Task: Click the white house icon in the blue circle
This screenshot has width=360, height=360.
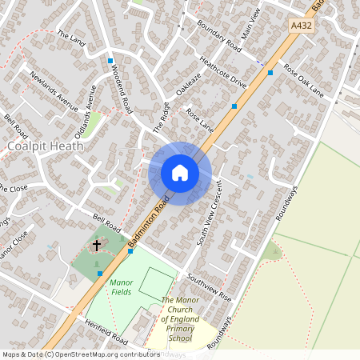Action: pos(180,173)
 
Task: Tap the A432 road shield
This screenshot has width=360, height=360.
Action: pos(300,26)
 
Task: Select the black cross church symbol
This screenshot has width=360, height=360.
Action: pos(98,244)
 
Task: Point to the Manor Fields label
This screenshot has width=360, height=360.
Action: pos(121,287)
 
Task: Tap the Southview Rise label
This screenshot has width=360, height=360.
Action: pos(209,286)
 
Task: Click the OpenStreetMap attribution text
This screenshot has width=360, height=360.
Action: pos(80,354)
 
